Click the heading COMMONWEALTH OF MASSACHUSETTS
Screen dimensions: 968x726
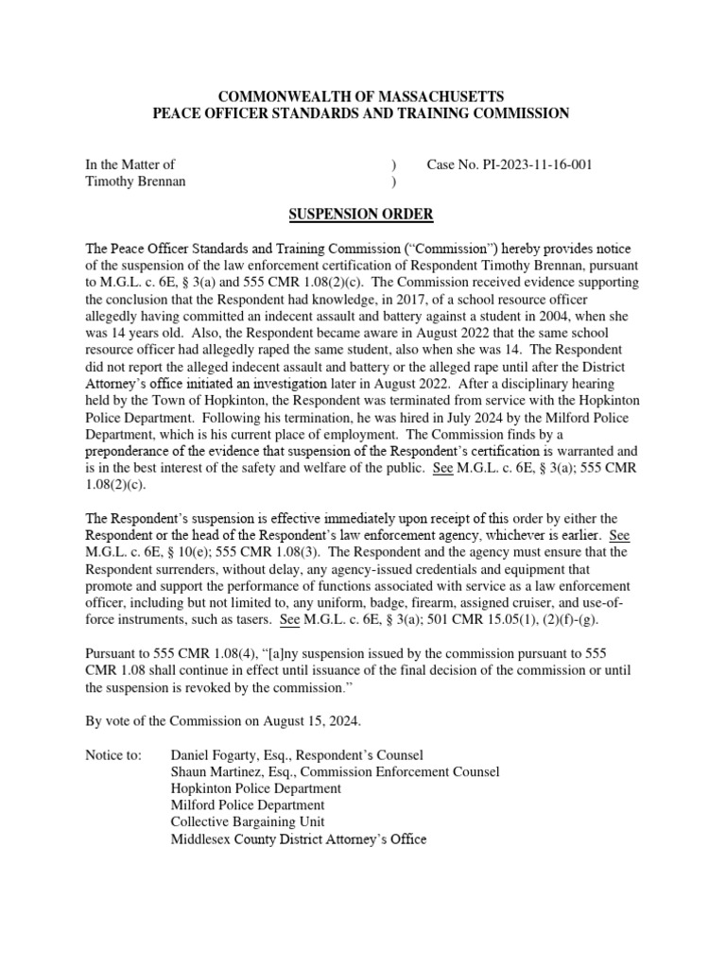coord(362,96)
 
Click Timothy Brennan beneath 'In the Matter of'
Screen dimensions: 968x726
coord(135,181)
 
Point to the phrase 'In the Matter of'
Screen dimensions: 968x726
coord(130,164)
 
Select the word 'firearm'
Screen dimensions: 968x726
coord(484,603)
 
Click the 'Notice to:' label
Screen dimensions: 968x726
coord(114,755)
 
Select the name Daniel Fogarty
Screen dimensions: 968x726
coord(217,755)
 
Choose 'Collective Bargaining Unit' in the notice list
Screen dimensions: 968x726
coord(248,822)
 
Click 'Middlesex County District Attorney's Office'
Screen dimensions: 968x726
coord(299,839)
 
